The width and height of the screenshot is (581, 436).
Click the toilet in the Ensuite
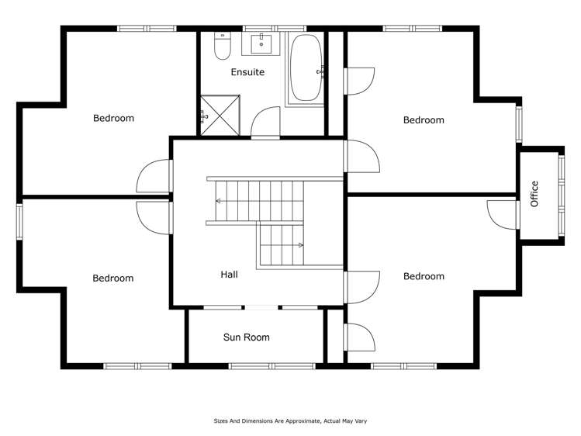tap(222, 47)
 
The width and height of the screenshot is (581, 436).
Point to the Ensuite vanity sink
tap(263, 43)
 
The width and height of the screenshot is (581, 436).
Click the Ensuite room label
tap(247, 72)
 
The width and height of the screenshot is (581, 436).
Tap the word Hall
tap(229, 275)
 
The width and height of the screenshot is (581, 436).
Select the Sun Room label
tap(246, 337)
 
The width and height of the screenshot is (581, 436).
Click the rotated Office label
tap(534, 193)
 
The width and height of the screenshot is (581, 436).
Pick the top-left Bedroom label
tap(113, 119)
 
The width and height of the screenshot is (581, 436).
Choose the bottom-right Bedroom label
tap(424, 276)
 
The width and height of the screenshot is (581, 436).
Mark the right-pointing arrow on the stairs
tap(300, 244)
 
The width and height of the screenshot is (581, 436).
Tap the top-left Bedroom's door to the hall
tap(153, 178)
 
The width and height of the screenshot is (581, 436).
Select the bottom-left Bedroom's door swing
tap(153, 215)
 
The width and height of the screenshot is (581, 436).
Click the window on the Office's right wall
tap(562, 194)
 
